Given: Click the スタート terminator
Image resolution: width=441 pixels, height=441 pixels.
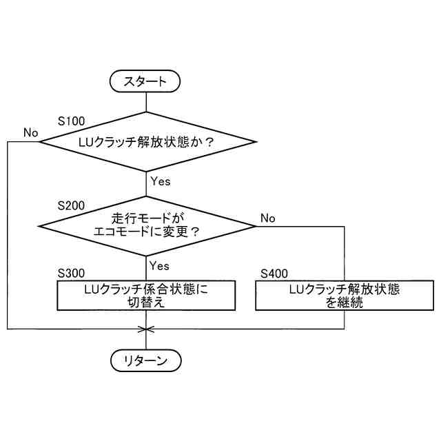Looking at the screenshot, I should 145,81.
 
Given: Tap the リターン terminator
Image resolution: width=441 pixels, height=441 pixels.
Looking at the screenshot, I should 145,360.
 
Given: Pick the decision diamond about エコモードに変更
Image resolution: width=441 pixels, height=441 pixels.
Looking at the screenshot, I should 147,225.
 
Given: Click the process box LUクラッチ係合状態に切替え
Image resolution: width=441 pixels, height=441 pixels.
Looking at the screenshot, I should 145,295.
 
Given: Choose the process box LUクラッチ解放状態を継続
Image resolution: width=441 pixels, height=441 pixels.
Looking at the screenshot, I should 345,295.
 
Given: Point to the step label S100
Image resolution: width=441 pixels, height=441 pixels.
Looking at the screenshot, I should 71,121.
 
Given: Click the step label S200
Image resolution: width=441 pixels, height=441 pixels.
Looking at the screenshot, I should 71,206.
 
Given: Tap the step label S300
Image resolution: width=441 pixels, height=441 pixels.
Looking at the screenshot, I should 71,274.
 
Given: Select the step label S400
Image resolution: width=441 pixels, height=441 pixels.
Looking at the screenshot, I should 275,274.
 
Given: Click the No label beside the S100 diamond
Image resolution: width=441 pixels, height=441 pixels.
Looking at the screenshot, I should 30,132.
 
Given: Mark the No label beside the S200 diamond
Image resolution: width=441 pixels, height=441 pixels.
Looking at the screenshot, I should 267,218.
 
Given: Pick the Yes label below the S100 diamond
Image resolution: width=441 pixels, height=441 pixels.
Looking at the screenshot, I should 160,182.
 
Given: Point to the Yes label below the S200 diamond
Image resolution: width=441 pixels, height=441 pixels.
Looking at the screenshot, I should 160,265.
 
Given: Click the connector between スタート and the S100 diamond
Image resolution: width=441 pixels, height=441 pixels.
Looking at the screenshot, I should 146,101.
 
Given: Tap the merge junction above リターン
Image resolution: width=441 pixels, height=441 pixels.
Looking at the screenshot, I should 146,329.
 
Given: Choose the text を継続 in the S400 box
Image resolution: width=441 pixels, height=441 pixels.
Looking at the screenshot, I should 345,302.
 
